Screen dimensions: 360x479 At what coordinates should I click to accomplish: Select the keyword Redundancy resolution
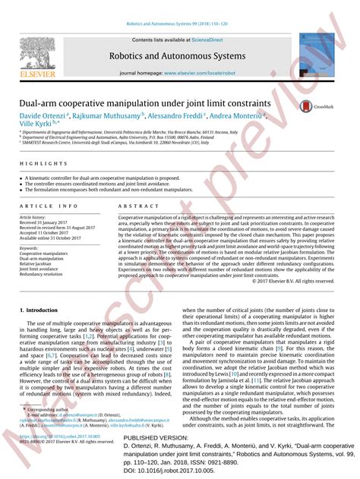coord(42,274)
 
